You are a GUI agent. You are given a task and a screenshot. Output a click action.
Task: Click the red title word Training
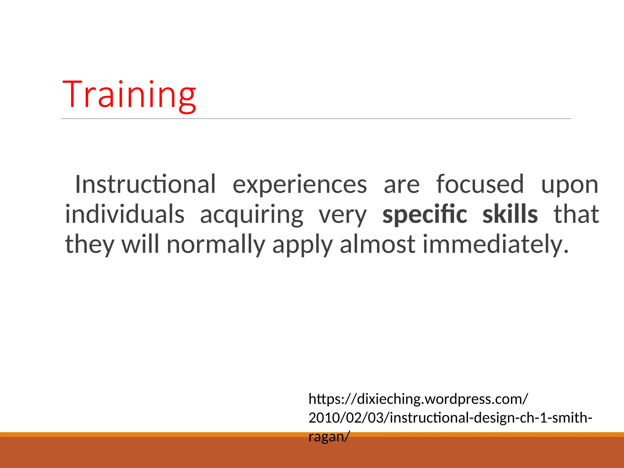129,94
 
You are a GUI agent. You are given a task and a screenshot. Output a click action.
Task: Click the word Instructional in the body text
145,184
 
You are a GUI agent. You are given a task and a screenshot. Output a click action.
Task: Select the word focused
480,184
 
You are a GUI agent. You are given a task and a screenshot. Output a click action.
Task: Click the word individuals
125,214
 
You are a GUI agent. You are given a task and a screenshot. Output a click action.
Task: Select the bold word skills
510,214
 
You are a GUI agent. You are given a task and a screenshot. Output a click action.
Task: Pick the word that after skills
576,214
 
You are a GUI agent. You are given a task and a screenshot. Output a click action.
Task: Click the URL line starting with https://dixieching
418,399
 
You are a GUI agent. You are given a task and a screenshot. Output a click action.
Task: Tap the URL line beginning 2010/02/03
450,418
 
